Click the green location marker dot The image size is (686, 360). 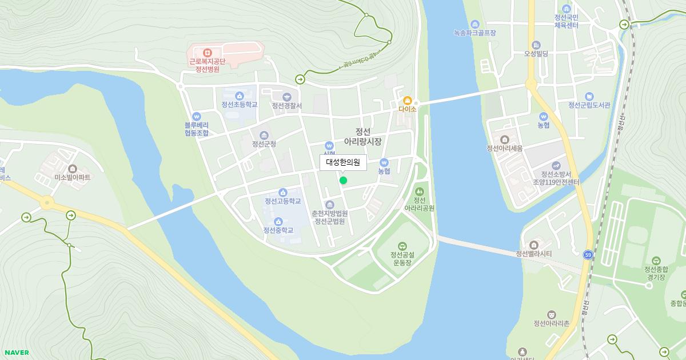pyautogui.click(x=343, y=181)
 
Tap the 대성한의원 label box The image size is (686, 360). pyautogui.click(x=343, y=162)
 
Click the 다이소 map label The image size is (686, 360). pyautogui.click(x=407, y=109)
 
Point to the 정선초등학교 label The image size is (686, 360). pyautogui.click(x=240, y=105)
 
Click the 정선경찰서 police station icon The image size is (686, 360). pyautogui.click(x=287, y=97)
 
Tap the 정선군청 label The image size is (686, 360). pyautogui.click(x=264, y=144)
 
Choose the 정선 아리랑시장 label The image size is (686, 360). pyautogui.click(x=362, y=137)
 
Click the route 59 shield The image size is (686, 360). pyautogui.click(x=588, y=255)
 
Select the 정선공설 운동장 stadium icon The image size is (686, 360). pyautogui.click(x=402, y=245)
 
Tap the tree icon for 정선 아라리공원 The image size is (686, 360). pyautogui.click(x=420, y=191)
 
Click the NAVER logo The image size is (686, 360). pyautogui.click(x=16, y=352)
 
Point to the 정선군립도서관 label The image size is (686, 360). pyautogui.click(x=589, y=105)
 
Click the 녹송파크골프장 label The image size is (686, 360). pyautogui.click(x=474, y=33)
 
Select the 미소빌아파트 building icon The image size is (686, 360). pyautogui.click(x=73, y=168)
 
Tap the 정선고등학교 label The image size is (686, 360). pyautogui.click(x=282, y=201)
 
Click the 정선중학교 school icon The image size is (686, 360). pyautogui.click(x=278, y=222)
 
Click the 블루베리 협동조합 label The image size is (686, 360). pyautogui.click(x=197, y=129)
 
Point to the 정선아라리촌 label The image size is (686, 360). pyautogui.click(x=551, y=323)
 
